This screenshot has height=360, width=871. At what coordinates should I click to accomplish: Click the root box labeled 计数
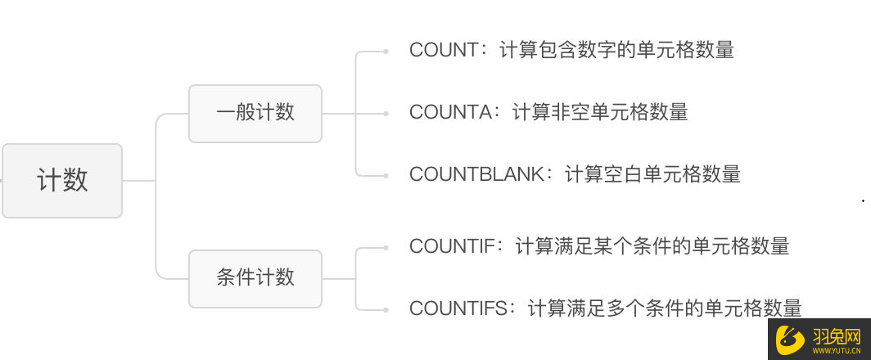[62, 181]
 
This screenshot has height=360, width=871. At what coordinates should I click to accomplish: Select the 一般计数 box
[255, 114]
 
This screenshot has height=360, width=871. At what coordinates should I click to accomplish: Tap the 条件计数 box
[255, 278]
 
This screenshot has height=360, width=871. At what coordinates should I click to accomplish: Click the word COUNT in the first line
[444, 50]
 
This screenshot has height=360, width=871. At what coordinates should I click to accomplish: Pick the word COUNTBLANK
[476, 175]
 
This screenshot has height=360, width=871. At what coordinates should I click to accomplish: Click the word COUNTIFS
[458, 308]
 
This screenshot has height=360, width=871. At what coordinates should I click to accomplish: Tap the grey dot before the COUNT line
[386, 52]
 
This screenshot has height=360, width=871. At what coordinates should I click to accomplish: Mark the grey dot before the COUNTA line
[386, 114]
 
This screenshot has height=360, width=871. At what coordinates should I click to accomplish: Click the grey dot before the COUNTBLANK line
[386, 176]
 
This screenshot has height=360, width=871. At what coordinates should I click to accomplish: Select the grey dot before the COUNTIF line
[386, 248]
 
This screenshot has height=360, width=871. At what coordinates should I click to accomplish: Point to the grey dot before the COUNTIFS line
[386, 310]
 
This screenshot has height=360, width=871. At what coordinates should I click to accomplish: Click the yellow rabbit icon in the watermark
[791, 338]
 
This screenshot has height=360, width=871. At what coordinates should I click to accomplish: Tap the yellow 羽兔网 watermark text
[837, 335]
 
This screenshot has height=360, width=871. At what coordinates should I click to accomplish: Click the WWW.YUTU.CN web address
[837, 351]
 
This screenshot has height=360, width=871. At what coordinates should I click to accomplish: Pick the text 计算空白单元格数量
[652, 175]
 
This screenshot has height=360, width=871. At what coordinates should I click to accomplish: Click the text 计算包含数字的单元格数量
[616, 50]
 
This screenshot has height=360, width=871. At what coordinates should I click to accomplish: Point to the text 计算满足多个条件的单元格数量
[665, 308]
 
